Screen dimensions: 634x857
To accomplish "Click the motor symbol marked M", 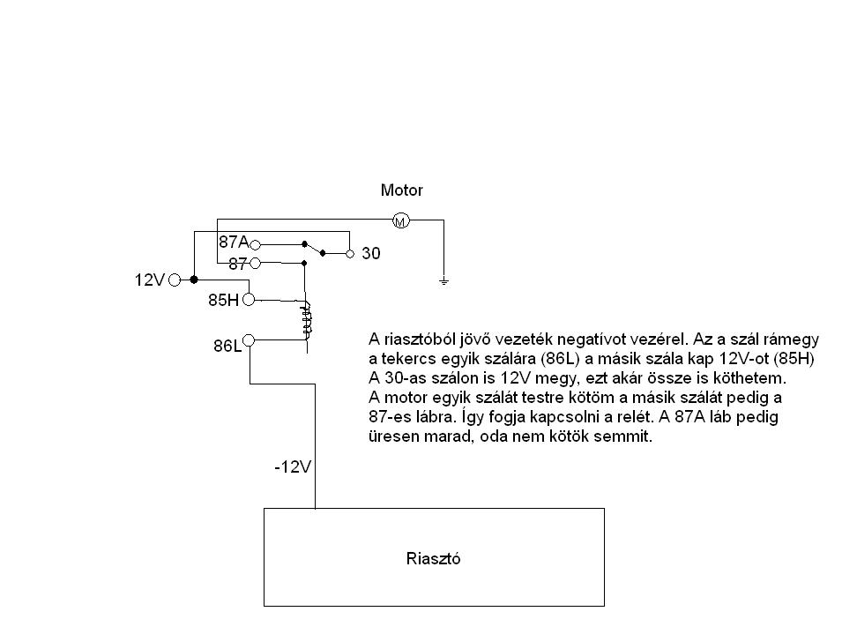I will [399, 220].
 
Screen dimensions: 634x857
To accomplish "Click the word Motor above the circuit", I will [401, 190].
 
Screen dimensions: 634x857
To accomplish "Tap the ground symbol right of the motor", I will [444, 281].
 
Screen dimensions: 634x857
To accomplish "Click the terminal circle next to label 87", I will [255, 263].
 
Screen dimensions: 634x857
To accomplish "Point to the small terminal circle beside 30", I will [349, 253].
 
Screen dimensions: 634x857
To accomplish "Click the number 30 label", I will [371, 253].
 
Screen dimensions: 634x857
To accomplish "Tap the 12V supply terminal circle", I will [175, 280].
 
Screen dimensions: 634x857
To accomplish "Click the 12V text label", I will [150, 280].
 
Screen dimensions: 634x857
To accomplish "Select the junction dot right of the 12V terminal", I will [194, 280].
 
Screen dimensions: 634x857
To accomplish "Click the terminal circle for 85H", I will [249, 300].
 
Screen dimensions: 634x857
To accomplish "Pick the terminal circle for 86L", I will [249, 340].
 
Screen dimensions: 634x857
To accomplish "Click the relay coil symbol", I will [306, 319].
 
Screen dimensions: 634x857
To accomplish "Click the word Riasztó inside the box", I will [434, 557].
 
